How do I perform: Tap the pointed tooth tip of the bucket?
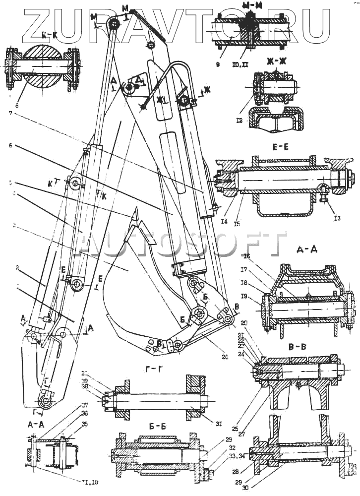click(135, 212)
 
